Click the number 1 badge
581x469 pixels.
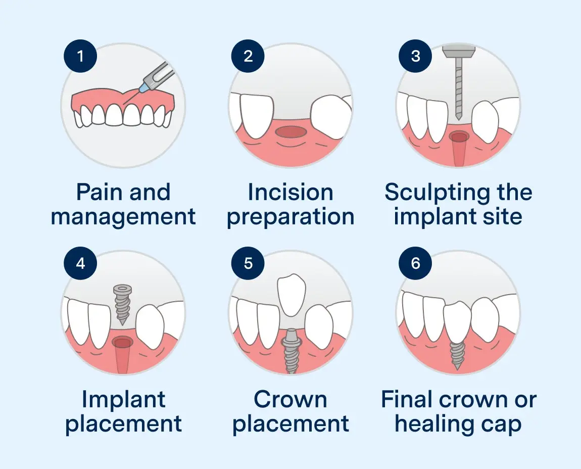point(80,56)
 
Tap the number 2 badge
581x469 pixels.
point(248,56)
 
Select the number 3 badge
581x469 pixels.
point(416,56)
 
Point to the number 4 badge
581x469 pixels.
point(80,263)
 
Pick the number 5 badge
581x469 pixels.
point(248,263)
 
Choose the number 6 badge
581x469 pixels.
point(416,263)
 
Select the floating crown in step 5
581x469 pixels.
point(290,294)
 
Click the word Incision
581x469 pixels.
point(290,193)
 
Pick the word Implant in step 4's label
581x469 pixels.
point(123,400)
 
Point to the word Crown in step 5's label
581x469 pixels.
point(290,400)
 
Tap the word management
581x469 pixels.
point(123,217)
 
